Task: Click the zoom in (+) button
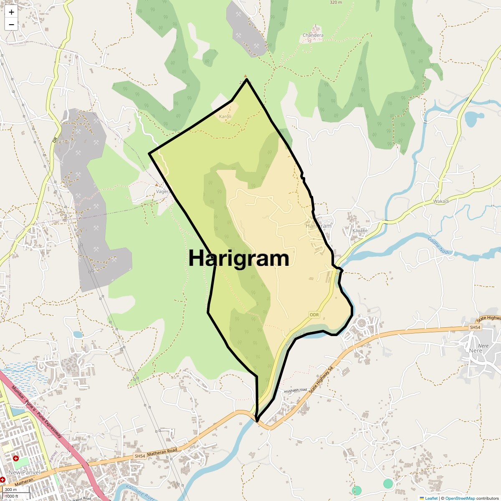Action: click(x=11, y=12)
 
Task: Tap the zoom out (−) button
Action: click(x=11, y=24)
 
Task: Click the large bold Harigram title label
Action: click(x=239, y=258)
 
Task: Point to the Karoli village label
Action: click(x=225, y=116)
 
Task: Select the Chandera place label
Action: click(x=313, y=35)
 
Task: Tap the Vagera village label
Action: click(x=163, y=192)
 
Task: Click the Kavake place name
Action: click(x=360, y=230)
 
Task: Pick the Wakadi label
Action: click(x=441, y=201)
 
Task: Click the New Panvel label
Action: click(x=24, y=472)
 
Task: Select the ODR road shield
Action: click(x=314, y=314)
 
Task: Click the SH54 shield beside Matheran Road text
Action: click(x=140, y=456)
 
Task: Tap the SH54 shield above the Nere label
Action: click(x=475, y=328)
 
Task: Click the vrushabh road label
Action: click(x=295, y=390)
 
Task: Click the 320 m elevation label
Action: click(x=336, y=3)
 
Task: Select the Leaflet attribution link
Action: click(x=431, y=498)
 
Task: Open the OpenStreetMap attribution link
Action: click(x=460, y=498)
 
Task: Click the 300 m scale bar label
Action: click(x=11, y=489)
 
